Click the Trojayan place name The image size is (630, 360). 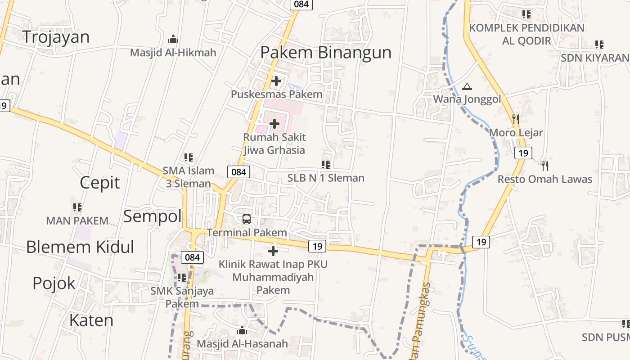pos(56,37)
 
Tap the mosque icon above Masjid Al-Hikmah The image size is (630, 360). pos(173,40)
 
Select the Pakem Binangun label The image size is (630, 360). pos(326,52)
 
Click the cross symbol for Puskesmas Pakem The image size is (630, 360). pos(276,81)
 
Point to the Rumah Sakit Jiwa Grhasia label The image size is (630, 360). pos(274,144)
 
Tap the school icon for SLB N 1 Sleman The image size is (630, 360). pos(326,165)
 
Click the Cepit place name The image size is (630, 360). pos(100,183)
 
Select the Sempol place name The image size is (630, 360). pos(152,216)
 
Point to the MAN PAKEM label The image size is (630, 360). pos(77,221)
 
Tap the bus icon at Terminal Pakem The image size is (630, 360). pos(247,219)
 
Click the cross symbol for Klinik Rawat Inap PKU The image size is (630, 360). pos(273,251)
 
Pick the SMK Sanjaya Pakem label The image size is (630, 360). pos(182,297)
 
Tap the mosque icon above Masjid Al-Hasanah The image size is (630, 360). pos(242,331)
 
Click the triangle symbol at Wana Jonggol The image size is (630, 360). pos(467,86)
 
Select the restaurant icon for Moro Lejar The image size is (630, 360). pos(516,119)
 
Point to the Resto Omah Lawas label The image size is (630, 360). pos(544,179)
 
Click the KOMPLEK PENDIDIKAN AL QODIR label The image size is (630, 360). pos(526,34)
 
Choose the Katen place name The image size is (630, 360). pos(91,320)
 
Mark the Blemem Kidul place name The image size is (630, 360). pos(80,247)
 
